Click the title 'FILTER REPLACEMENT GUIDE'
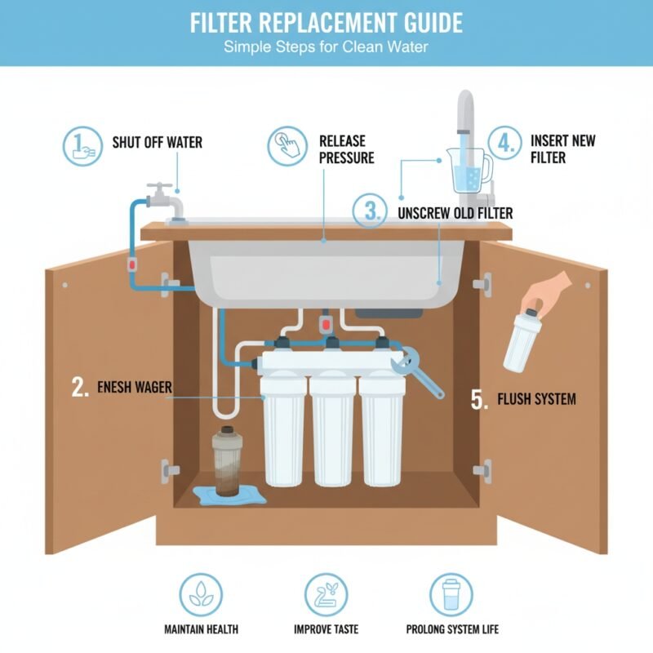tap(326, 22)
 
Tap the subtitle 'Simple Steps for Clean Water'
tap(326, 47)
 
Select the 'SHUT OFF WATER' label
tap(157, 143)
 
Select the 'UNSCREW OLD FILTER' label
tap(455, 214)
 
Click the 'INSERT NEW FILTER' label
tap(563, 149)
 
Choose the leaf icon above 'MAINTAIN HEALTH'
tap(200, 593)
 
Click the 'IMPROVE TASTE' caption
tap(327, 630)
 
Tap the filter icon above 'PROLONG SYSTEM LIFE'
tap(451, 593)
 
